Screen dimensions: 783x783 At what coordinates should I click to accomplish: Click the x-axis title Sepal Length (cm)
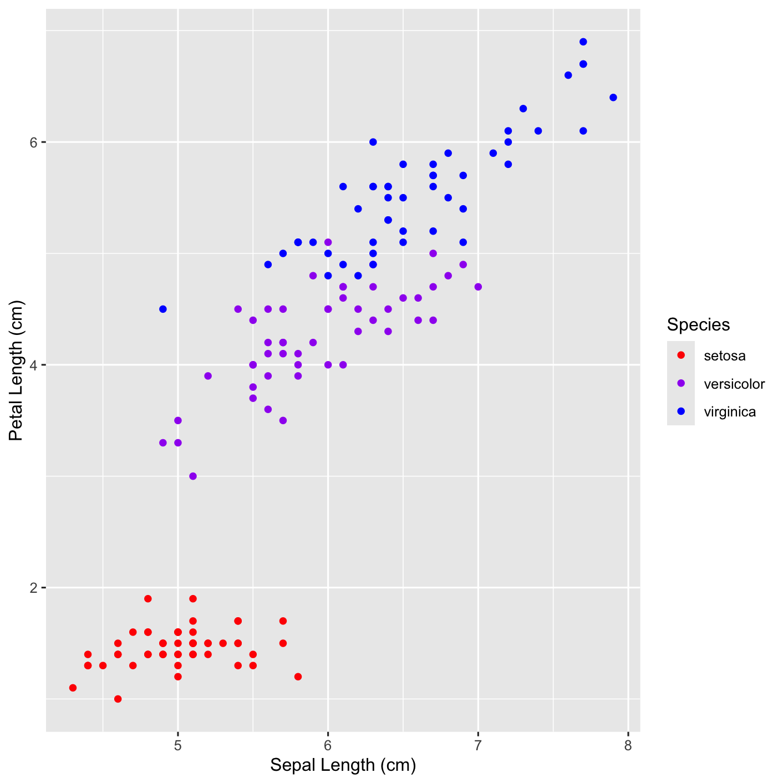point(343,765)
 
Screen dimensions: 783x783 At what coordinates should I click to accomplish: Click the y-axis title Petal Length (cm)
point(16,370)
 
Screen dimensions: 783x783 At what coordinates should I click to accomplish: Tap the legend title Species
point(698,324)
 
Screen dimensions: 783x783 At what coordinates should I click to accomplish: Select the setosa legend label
point(724,356)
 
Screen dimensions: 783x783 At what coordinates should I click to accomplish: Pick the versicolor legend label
point(734,384)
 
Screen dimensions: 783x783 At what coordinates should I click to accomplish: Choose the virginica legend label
point(730,412)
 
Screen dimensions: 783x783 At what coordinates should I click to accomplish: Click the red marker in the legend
point(681,355)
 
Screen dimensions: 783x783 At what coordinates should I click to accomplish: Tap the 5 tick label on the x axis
point(178,746)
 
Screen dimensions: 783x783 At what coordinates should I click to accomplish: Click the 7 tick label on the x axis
point(478,746)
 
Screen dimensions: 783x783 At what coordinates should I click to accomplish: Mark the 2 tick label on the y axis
point(34,588)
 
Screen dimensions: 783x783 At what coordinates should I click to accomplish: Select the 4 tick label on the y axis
point(34,365)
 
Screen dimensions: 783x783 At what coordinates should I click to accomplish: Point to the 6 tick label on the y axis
point(34,142)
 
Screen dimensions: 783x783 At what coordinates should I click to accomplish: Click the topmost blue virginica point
point(583,42)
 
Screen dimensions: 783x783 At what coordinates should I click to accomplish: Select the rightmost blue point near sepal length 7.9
point(613,98)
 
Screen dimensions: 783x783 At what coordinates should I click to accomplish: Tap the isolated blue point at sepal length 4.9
point(163,309)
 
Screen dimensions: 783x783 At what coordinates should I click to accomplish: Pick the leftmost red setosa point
point(73,688)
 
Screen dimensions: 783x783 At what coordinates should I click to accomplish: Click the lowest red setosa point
point(118,699)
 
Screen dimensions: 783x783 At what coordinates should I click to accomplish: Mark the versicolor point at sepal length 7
point(478,287)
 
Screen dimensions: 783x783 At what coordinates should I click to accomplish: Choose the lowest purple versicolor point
point(193,476)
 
